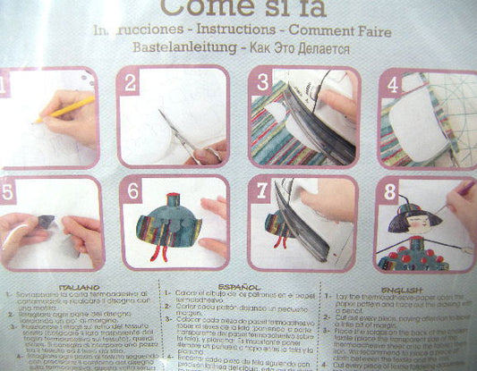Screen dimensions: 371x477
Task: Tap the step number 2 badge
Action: tap(131, 84)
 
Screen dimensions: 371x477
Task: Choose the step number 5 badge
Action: tap(7, 190)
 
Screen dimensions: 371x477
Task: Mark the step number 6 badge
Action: tap(132, 191)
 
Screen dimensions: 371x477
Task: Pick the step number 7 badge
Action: tap(261, 191)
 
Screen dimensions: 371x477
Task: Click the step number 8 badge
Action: tap(390, 191)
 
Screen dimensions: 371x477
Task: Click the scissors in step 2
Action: tap(179, 134)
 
